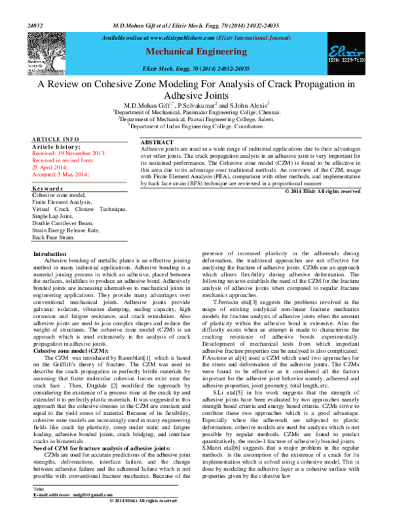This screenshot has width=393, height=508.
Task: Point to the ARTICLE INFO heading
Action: pyautogui.click(x=56, y=139)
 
